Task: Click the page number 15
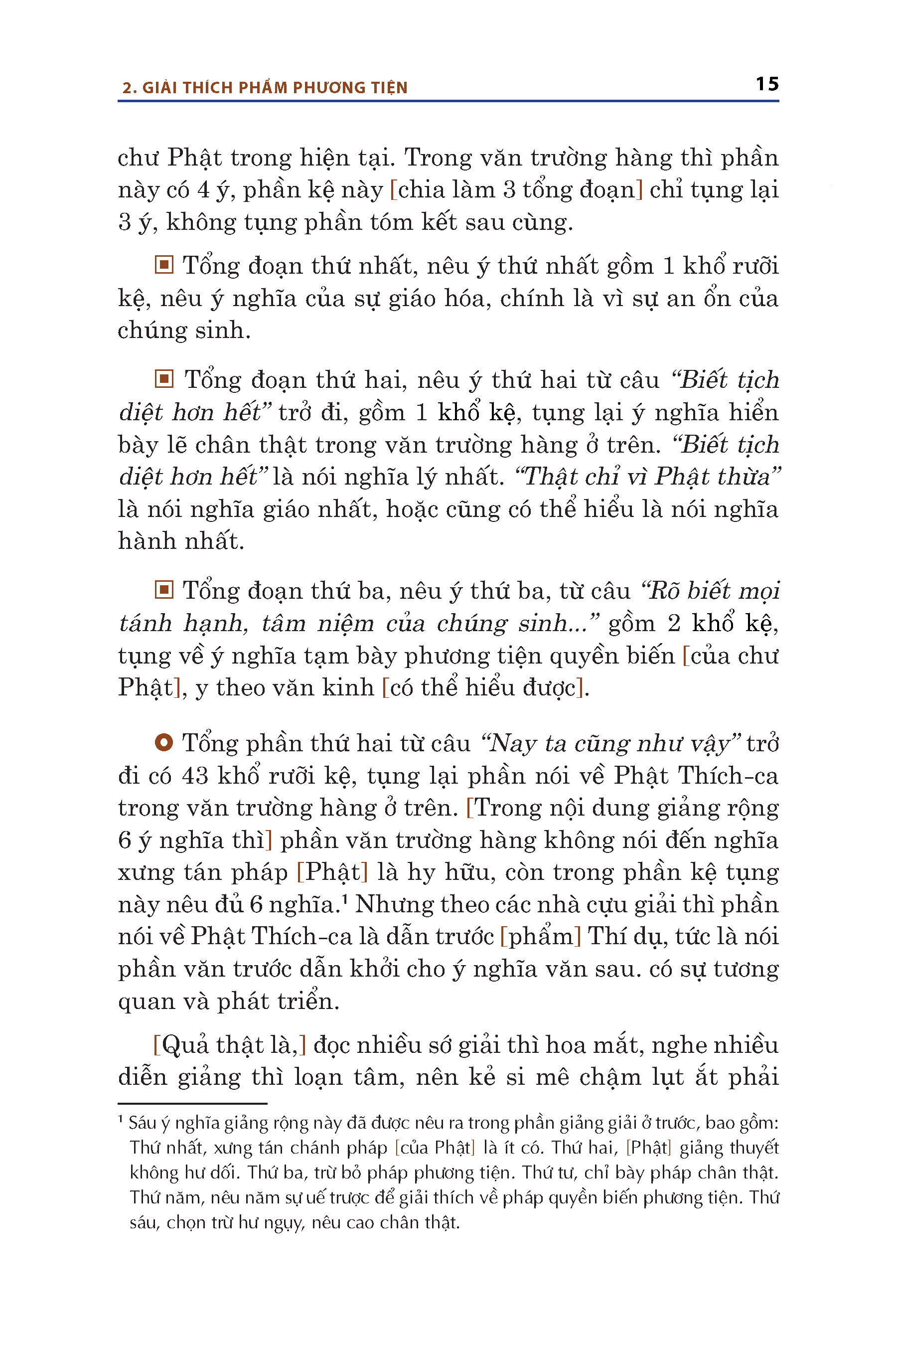click(x=766, y=84)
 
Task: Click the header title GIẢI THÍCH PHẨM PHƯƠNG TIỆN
click(x=275, y=88)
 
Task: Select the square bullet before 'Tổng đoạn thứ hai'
click(x=163, y=379)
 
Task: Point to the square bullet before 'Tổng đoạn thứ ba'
click(x=163, y=589)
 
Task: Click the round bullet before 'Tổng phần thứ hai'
click(x=163, y=743)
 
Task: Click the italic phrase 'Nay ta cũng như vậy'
click(x=611, y=743)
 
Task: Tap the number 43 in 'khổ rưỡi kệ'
click(x=195, y=775)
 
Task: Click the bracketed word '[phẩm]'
click(x=541, y=936)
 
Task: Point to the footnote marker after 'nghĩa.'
click(x=345, y=898)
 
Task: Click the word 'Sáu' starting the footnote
click(x=143, y=1122)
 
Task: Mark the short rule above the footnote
click(x=192, y=1103)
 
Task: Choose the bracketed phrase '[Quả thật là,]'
click(x=229, y=1045)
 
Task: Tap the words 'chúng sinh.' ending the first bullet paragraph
click(x=184, y=330)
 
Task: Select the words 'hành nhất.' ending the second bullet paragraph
click(x=181, y=541)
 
